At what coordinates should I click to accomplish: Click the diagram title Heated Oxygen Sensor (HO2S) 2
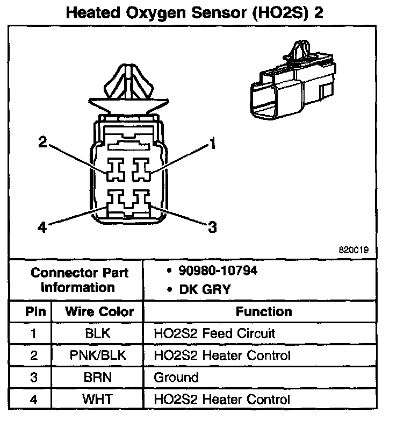(194, 13)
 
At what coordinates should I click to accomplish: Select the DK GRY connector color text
(198, 290)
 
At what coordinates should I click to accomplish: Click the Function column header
(263, 312)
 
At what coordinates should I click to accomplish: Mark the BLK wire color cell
(98, 333)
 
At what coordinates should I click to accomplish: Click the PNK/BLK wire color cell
(98, 355)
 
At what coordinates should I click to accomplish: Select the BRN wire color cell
(98, 378)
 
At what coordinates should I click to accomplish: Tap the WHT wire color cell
(98, 400)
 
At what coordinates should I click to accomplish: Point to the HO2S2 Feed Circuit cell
(214, 333)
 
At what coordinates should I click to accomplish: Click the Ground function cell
(176, 378)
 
